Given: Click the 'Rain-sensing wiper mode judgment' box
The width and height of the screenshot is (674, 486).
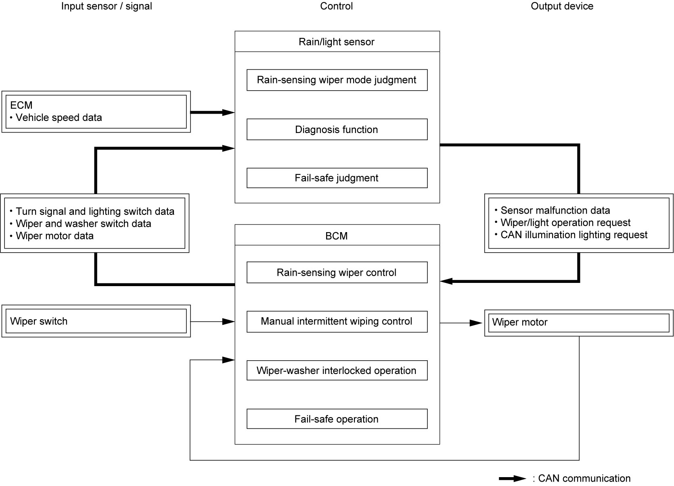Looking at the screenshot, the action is coord(337,80).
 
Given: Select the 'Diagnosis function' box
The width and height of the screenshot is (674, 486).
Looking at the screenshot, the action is coord(337,129).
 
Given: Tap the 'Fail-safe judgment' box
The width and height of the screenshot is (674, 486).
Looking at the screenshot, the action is coord(337,178).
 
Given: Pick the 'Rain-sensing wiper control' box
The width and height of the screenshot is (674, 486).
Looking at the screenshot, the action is coord(337,272).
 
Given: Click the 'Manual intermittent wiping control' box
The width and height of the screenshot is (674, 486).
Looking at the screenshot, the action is coord(337,322).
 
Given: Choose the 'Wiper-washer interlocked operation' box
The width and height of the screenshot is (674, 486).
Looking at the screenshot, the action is coord(337,370).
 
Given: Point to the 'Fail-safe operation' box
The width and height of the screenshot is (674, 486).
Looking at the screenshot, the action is coord(337,419).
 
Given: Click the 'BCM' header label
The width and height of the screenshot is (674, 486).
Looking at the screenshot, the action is coord(337,236).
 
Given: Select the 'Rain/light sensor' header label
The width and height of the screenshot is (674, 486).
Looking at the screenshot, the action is coord(337,42).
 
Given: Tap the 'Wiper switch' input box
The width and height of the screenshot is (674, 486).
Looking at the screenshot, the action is coord(96,321).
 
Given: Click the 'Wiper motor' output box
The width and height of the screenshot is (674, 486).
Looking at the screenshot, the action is coord(579,323).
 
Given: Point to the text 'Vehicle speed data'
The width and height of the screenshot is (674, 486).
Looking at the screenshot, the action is coord(59,117).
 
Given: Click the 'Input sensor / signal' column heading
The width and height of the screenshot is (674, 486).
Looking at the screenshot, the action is coord(107,6).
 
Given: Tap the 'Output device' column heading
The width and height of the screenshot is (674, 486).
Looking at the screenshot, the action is coord(562,6).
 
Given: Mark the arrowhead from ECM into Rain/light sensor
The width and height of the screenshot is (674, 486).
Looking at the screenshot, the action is coord(228,112).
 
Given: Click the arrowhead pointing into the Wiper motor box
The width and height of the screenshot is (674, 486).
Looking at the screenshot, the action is coord(476,323).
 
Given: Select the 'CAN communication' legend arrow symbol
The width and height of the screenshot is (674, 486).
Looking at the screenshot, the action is coord(513,478).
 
